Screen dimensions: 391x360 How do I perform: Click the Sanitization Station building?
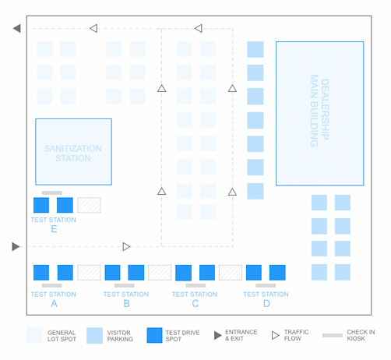[73, 152]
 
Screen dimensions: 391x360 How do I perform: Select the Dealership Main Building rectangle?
[319, 113]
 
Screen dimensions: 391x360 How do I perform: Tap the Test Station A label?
[54, 298]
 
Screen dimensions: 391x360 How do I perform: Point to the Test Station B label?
[126, 298]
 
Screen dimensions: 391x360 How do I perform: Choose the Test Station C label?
[195, 298]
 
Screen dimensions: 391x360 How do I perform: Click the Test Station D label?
[266, 298]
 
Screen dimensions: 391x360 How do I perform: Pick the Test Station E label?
[54, 224]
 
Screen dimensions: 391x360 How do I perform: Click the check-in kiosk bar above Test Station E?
[52, 192]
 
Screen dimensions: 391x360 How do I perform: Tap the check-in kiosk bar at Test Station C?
[195, 285]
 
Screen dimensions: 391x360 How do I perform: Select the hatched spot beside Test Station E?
[89, 205]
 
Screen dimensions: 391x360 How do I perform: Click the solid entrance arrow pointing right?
[16, 246]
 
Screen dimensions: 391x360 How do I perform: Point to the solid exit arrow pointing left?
[17, 28]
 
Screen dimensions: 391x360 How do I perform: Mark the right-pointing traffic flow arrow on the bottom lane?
[126, 246]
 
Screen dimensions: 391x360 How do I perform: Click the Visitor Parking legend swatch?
[94, 335]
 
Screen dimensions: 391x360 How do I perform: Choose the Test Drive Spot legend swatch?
[154, 335]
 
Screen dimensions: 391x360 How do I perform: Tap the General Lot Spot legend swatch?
[34, 335]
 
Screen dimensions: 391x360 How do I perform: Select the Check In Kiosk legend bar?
[333, 335]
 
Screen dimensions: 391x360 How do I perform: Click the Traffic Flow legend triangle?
[275, 335]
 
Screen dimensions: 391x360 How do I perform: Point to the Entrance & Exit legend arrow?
[218, 335]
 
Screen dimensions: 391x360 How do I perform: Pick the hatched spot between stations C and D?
[231, 273]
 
